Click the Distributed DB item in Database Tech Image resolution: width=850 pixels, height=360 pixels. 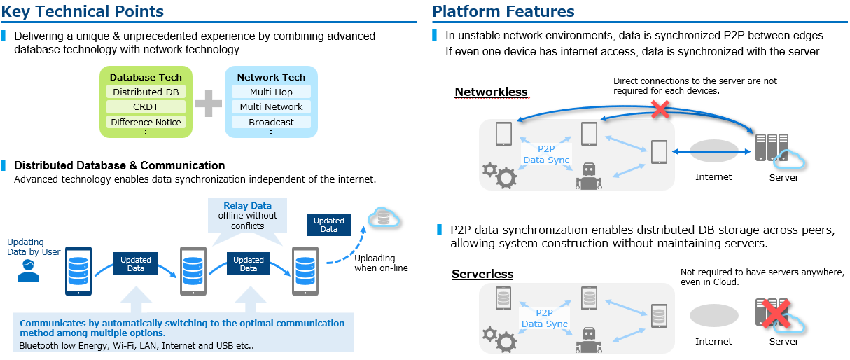(x=146, y=92)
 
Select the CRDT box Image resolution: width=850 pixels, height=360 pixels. (x=146, y=107)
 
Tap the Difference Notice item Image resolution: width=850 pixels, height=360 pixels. (x=146, y=122)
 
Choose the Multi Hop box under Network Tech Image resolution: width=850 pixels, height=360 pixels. (x=271, y=92)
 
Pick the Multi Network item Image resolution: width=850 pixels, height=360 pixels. (x=271, y=107)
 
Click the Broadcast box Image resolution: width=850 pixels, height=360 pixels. (x=271, y=122)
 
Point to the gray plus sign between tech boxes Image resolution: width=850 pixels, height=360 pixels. (x=208, y=103)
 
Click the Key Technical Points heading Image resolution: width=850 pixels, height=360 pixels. (x=83, y=11)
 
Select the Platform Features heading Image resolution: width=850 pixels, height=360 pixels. (x=503, y=11)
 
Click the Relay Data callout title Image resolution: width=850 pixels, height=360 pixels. (x=247, y=206)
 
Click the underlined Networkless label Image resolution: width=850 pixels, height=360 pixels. (x=491, y=92)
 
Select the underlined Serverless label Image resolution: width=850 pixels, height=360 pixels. (x=482, y=274)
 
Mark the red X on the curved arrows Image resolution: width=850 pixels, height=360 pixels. (x=658, y=109)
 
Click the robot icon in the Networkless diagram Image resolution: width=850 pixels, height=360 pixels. (x=589, y=176)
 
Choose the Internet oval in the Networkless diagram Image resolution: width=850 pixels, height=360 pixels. (x=713, y=151)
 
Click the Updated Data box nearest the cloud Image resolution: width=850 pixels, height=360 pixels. (x=329, y=225)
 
